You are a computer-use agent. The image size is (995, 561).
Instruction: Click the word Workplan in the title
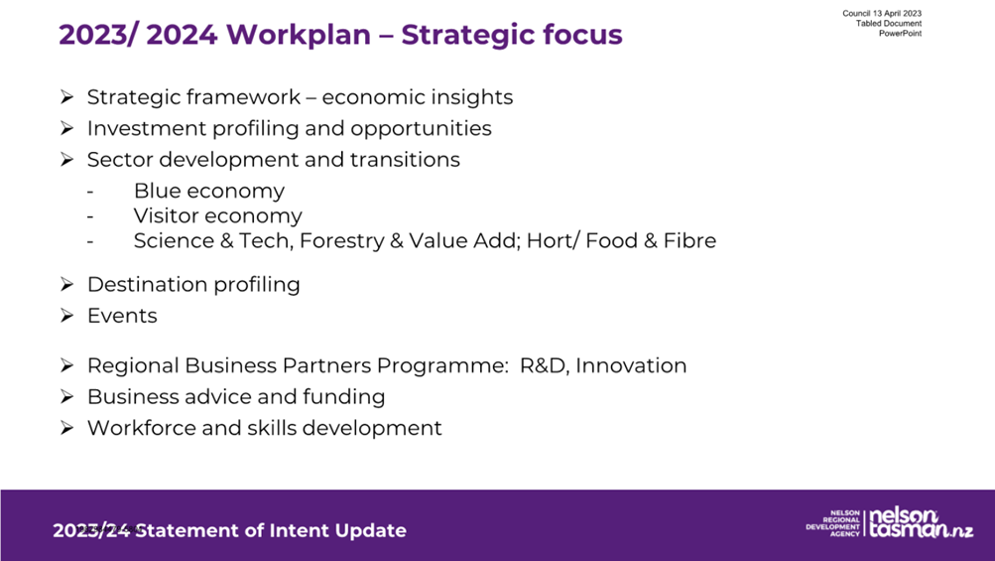(299, 35)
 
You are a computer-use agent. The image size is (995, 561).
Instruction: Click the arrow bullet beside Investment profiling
(67, 128)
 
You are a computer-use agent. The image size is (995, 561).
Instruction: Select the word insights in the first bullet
(470, 97)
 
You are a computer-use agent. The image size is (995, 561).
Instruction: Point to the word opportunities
(421, 129)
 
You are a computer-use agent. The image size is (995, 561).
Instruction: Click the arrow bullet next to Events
(67, 316)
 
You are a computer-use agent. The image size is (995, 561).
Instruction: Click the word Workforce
(142, 428)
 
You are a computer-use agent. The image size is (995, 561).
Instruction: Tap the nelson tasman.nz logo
(921, 523)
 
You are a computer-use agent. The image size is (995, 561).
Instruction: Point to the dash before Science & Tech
(90, 241)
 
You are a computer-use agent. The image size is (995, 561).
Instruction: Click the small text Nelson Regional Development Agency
(833, 523)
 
